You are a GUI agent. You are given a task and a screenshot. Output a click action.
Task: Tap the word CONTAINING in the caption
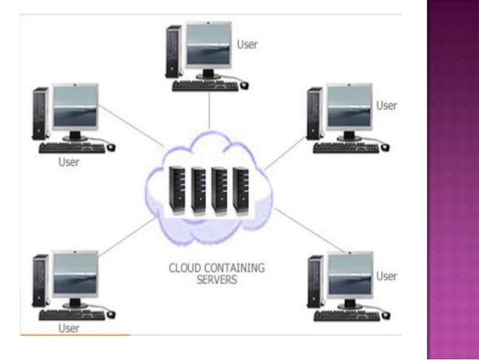234,268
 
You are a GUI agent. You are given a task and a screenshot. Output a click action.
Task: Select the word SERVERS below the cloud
217,280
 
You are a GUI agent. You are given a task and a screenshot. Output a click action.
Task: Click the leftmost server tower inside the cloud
177,191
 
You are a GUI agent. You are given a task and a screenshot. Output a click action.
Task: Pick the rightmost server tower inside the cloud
241,191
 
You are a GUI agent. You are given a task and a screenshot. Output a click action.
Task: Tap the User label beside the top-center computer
247,44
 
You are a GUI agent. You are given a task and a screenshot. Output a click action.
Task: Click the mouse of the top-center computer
245,86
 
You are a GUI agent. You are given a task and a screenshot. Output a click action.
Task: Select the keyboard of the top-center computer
205,86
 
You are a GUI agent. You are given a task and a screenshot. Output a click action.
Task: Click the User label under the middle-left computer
69,162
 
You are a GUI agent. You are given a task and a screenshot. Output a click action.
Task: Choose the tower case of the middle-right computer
315,113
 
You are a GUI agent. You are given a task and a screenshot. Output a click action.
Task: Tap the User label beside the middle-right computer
387,105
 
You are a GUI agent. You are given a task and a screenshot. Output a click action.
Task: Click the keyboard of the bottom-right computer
347,316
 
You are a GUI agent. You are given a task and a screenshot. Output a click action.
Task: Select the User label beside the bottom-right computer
387,276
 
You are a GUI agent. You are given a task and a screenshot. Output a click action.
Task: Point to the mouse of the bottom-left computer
111,314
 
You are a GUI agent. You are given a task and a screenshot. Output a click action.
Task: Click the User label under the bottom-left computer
69,328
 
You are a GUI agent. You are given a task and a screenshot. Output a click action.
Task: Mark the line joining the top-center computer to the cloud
209,110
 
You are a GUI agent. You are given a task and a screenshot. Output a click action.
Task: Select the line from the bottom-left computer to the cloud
127,237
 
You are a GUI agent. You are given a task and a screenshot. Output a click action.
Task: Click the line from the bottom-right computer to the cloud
310,230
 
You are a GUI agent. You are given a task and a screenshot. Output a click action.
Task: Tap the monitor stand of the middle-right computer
349,136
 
